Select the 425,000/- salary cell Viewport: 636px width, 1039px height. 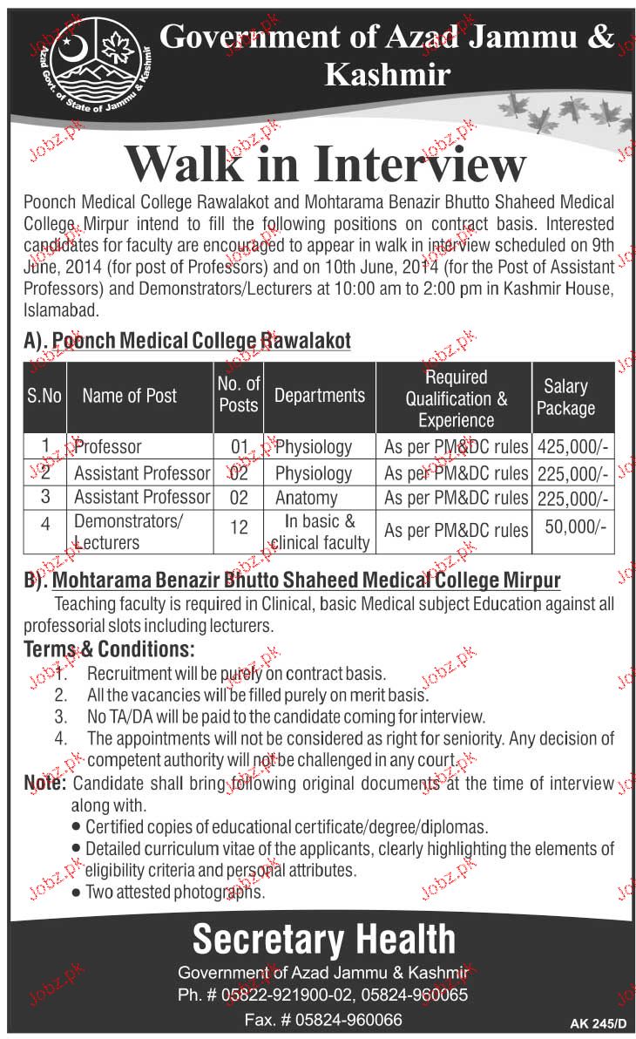click(x=572, y=446)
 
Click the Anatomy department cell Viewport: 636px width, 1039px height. click(x=305, y=497)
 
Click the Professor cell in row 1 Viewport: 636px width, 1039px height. click(x=108, y=446)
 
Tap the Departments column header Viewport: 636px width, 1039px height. click(x=320, y=395)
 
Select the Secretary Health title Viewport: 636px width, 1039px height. click(x=323, y=940)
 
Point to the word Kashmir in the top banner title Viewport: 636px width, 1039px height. click(x=388, y=74)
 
